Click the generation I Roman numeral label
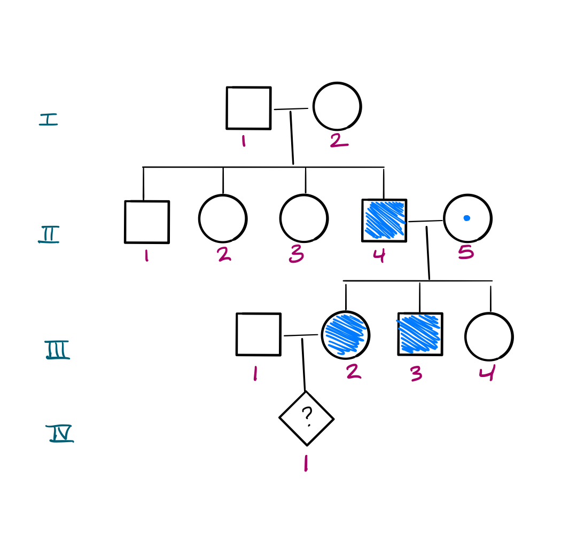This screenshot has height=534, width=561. click(x=48, y=119)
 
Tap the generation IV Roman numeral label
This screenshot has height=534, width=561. click(x=60, y=434)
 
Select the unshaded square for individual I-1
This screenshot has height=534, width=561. click(x=248, y=108)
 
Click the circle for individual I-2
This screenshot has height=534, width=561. click(x=337, y=106)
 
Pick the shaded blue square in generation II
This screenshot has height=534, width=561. click(x=384, y=220)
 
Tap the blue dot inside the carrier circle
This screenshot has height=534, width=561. click(x=466, y=218)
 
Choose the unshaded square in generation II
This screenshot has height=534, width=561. click(x=147, y=222)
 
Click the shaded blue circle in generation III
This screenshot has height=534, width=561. click(x=346, y=335)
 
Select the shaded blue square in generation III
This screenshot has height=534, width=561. click(x=420, y=334)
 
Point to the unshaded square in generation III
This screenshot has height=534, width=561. click(x=259, y=334)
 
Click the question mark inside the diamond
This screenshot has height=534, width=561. click(x=307, y=415)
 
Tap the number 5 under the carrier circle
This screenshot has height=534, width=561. click(x=466, y=252)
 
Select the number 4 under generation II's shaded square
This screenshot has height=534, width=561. click(x=379, y=255)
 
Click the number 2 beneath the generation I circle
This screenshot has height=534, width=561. click(x=339, y=140)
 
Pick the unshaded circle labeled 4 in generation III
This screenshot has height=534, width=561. click(x=489, y=337)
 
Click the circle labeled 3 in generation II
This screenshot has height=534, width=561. click(x=303, y=218)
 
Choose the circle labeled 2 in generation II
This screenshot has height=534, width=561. click(x=223, y=218)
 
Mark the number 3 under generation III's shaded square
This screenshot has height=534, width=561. click(x=416, y=374)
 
